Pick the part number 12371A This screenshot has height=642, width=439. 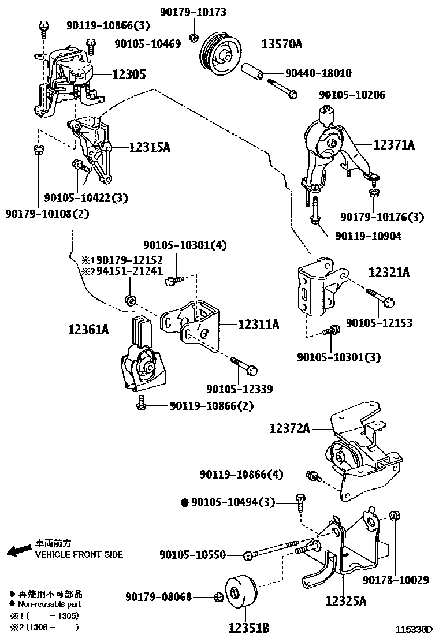click(393, 145)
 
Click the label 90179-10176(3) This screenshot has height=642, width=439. click(382, 217)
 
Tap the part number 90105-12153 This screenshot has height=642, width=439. click(379, 323)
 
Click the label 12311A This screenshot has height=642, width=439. click(258, 325)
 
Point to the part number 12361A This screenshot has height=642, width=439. click(88, 330)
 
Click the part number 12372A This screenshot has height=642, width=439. click(289, 428)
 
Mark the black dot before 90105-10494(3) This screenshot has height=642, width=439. click(185, 503)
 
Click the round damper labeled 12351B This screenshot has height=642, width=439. click(237, 594)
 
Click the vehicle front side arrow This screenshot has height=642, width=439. click(18, 550)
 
